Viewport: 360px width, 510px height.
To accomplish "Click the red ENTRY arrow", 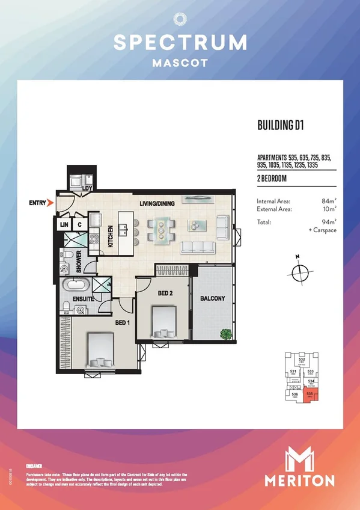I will [x=50, y=203].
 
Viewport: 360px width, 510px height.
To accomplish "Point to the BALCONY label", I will [x=212, y=298].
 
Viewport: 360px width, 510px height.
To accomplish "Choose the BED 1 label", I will [x=124, y=322].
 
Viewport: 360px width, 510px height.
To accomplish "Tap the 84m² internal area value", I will [x=329, y=201].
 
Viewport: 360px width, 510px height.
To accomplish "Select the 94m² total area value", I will [x=329, y=222].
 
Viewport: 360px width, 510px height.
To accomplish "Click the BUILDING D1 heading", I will [x=279, y=126].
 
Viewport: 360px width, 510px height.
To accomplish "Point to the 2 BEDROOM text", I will [x=272, y=179].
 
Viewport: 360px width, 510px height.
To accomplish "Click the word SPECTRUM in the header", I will [x=180, y=42].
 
